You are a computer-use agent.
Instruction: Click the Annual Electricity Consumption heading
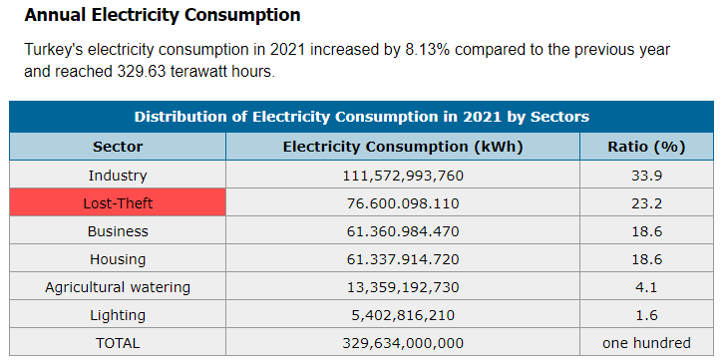coord(163,15)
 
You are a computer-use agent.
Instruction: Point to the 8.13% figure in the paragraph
coord(428,50)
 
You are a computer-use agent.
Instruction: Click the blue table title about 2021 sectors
coord(362,117)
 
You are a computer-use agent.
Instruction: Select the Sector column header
coord(118,147)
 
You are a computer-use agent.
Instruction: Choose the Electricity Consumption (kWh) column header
coord(403,147)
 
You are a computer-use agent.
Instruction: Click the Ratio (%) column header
coord(646,147)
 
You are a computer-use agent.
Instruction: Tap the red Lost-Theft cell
coord(118,202)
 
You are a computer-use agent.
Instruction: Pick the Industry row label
coord(118,176)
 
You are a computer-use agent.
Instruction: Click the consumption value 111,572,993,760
coord(403,177)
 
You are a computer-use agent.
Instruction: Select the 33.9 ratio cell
coord(646,176)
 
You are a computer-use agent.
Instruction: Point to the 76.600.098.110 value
coord(403,203)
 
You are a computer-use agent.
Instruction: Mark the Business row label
coord(118,231)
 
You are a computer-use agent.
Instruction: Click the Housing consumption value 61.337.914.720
coord(403,259)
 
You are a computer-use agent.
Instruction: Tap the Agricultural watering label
coord(118,287)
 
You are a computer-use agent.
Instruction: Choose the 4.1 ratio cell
coord(646,287)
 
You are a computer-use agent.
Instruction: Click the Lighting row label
coord(118,316)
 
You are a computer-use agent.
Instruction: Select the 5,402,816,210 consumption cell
coord(403,316)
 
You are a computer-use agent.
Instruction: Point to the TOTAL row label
coord(118,343)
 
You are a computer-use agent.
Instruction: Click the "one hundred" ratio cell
coord(646,343)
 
